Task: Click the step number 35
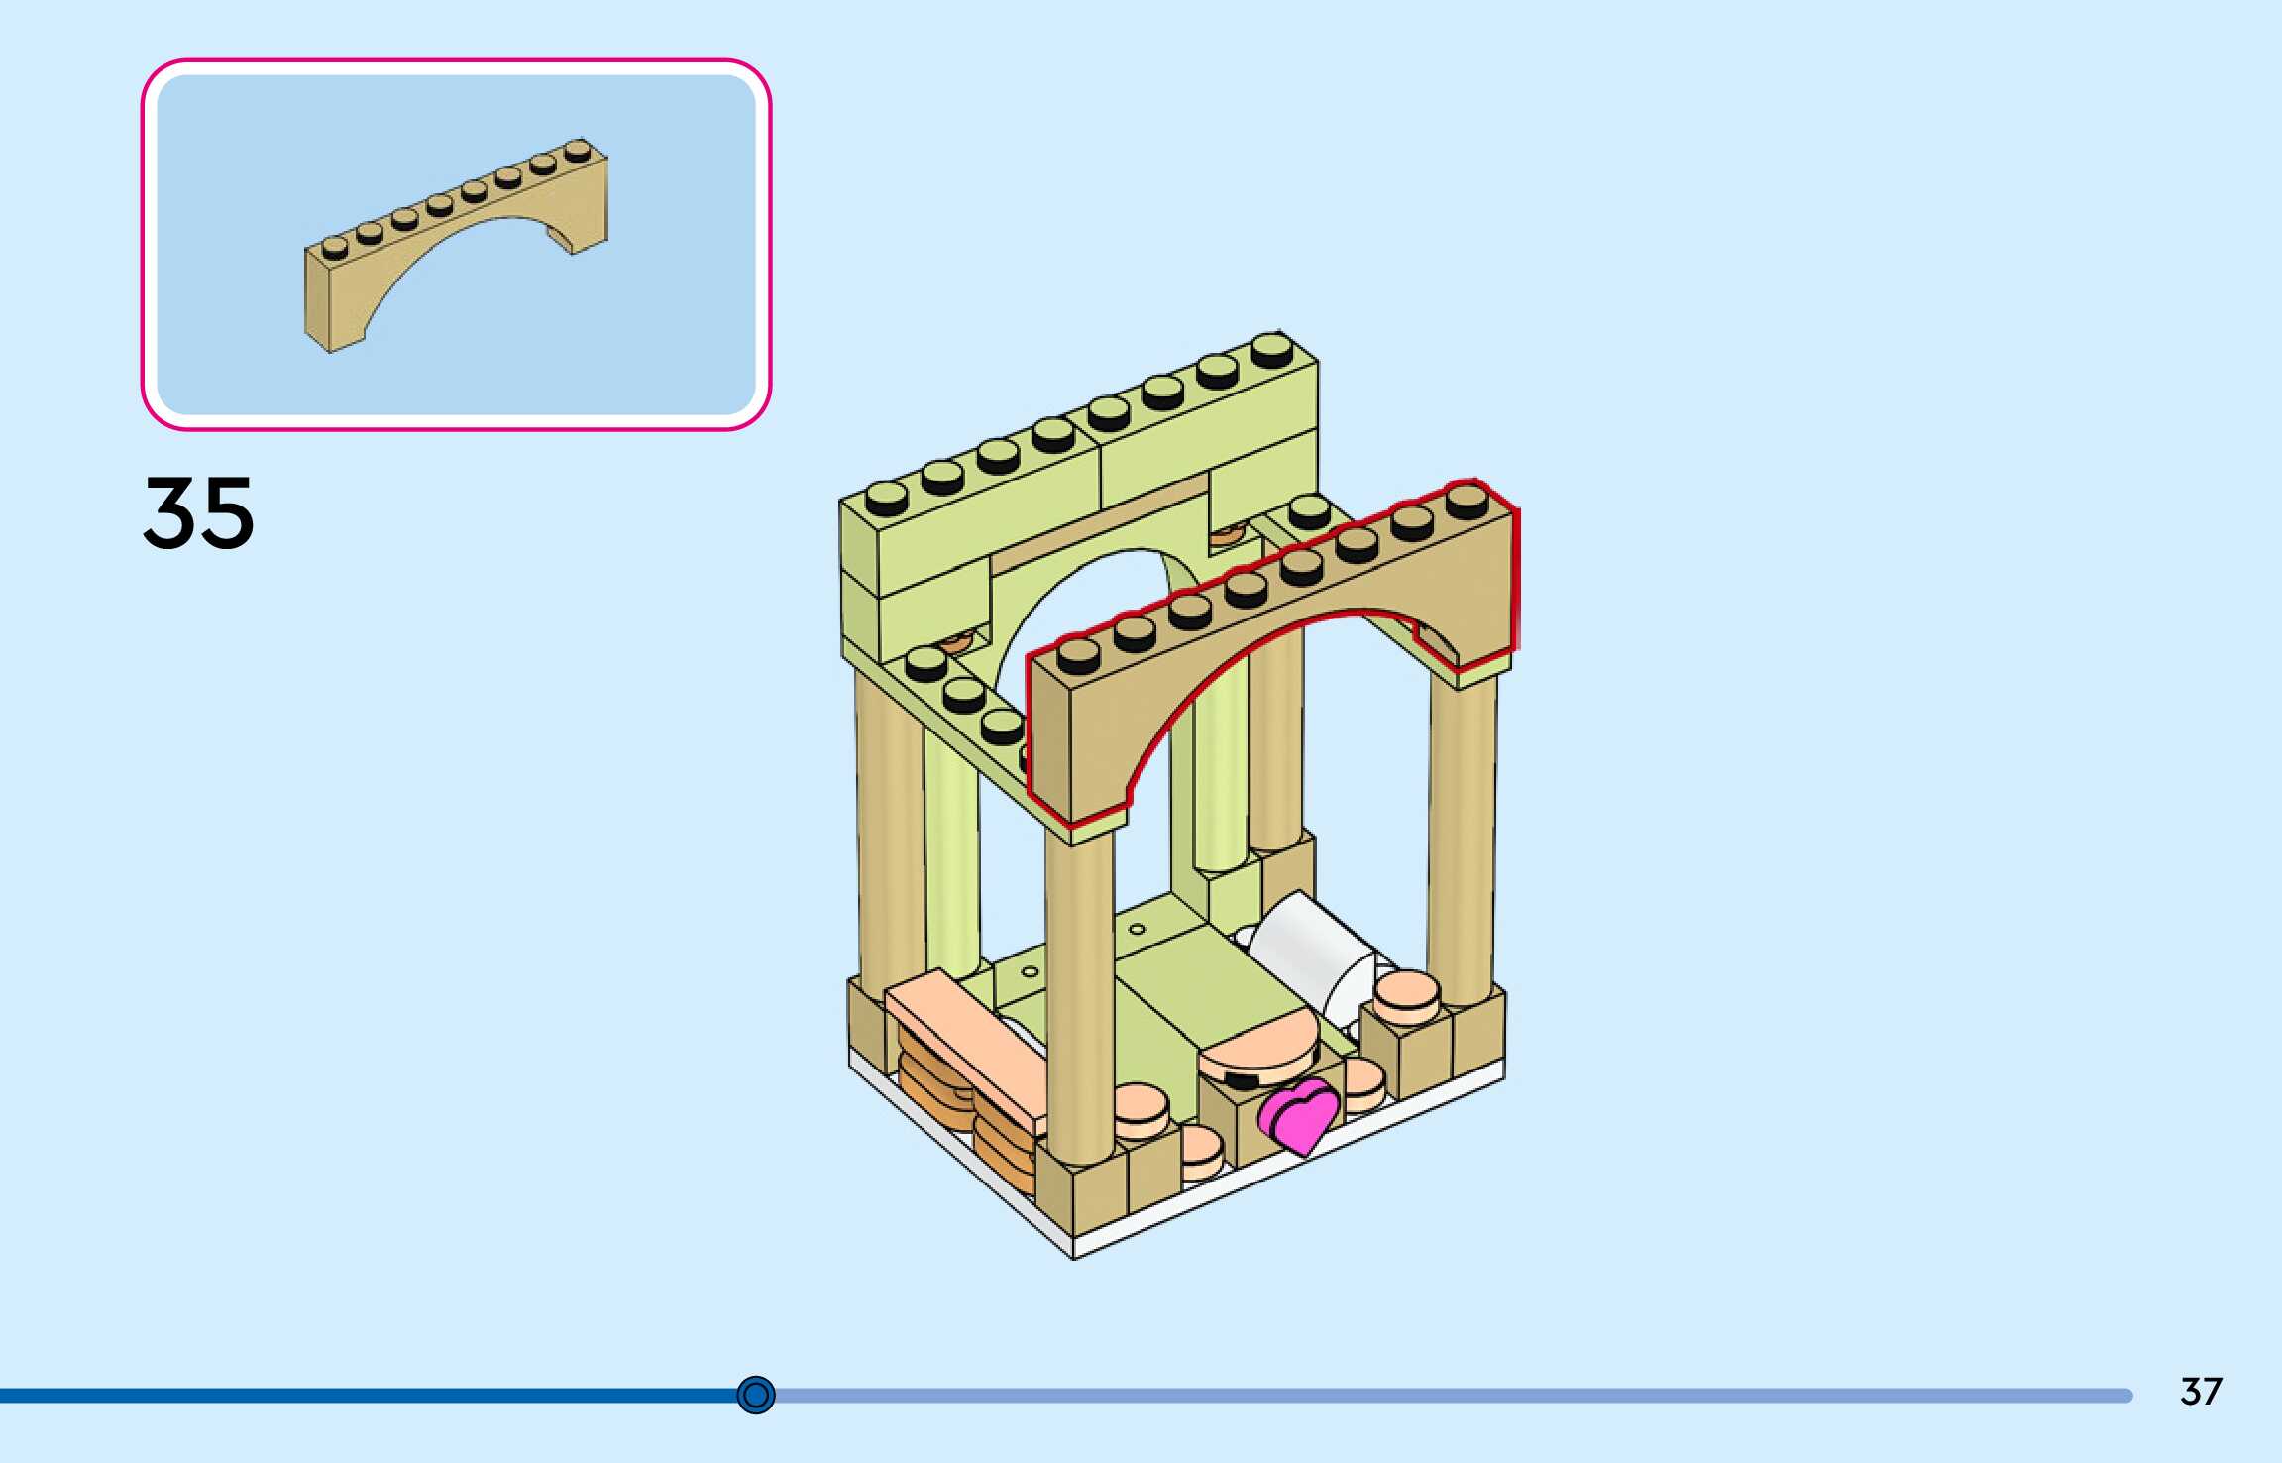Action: [199, 512]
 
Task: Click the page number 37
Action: [2201, 1392]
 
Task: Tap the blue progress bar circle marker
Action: [756, 1395]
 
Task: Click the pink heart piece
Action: [1299, 1115]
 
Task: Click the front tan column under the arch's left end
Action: [1078, 991]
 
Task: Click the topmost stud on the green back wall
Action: [1271, 350]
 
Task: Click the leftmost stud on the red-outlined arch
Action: [1078, 655]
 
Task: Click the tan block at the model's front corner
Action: [1080, 1194]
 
